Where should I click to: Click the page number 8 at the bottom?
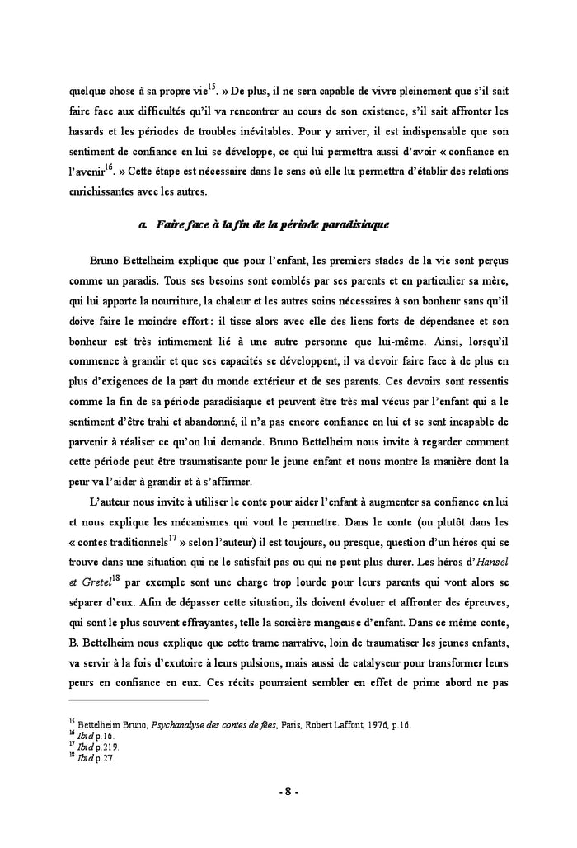pyautogui.click(x=288, y=793)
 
